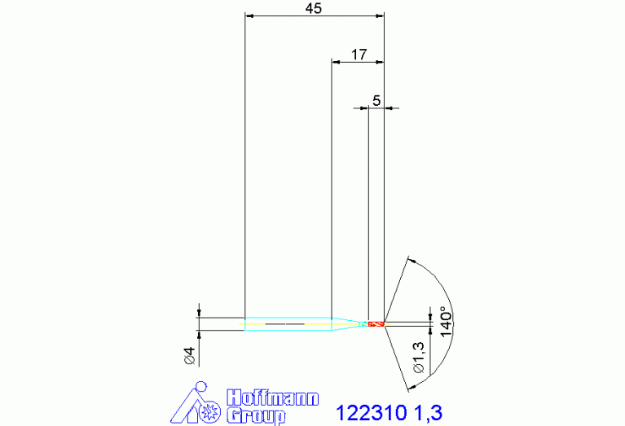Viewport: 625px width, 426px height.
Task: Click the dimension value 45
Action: click(x=313, y=8)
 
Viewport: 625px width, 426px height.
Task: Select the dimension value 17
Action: click(x=359, y=55)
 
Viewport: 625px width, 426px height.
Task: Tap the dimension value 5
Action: click(x=376, y=100)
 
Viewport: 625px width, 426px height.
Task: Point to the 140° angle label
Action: click(x=447, y=322)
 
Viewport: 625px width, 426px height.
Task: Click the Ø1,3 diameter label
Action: click(x=420, y=358)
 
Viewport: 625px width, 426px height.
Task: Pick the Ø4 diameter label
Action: click(x=190, y=355)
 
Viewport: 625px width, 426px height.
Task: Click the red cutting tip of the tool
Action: click(x=376, y=323)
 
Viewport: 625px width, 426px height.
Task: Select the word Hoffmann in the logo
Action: click(x=273, y=397)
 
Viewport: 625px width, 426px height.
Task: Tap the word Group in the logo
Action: click(x=256, y=416)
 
